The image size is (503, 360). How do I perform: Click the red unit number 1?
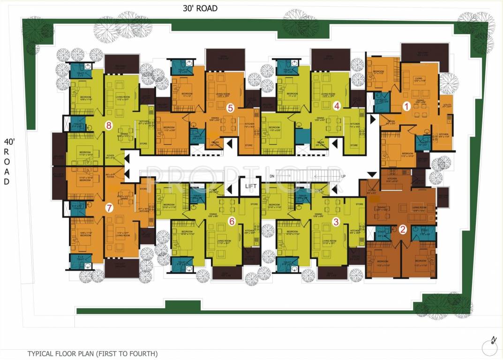tap(407, 106)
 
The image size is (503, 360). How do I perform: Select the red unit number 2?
tap(403, 229)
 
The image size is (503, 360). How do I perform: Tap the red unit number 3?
tap(336, 222)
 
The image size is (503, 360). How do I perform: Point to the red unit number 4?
tap(337, 106)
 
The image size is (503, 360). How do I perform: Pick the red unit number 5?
tap(230, 107)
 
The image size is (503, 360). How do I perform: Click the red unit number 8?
tap(109, 125)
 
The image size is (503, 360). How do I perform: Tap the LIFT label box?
tap(249, 186)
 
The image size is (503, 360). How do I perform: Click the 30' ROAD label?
tap(201, 8)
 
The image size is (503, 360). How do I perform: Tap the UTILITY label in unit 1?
tap(447, 105)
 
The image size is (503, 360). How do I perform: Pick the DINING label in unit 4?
tap(321, 118)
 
